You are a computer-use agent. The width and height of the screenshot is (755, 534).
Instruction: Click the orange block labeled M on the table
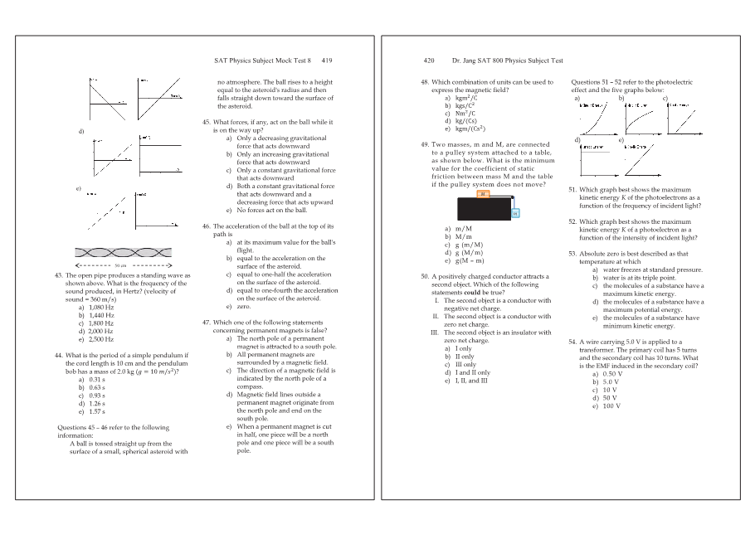pyautogui.click(x=483, y=194)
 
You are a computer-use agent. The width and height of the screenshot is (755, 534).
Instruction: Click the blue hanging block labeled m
pyautogui.click(x=514, y=213)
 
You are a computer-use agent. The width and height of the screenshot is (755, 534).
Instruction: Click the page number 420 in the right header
pyautogui.click(x=429, y=61)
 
